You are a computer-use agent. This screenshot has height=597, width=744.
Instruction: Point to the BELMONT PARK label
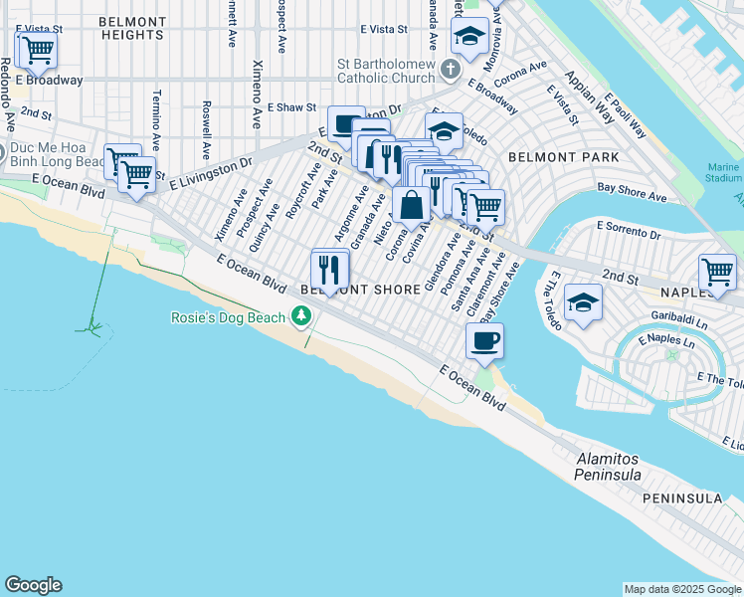(563, 157)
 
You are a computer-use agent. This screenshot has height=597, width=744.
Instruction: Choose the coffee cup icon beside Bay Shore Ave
(484, 340)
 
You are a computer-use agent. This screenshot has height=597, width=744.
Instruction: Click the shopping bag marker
(411, 205)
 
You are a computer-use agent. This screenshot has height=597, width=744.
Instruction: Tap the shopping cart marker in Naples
(716, 272)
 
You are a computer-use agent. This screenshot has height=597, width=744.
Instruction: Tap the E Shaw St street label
(291, 107)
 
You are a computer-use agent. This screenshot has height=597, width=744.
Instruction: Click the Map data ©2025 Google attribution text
(682, 589)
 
